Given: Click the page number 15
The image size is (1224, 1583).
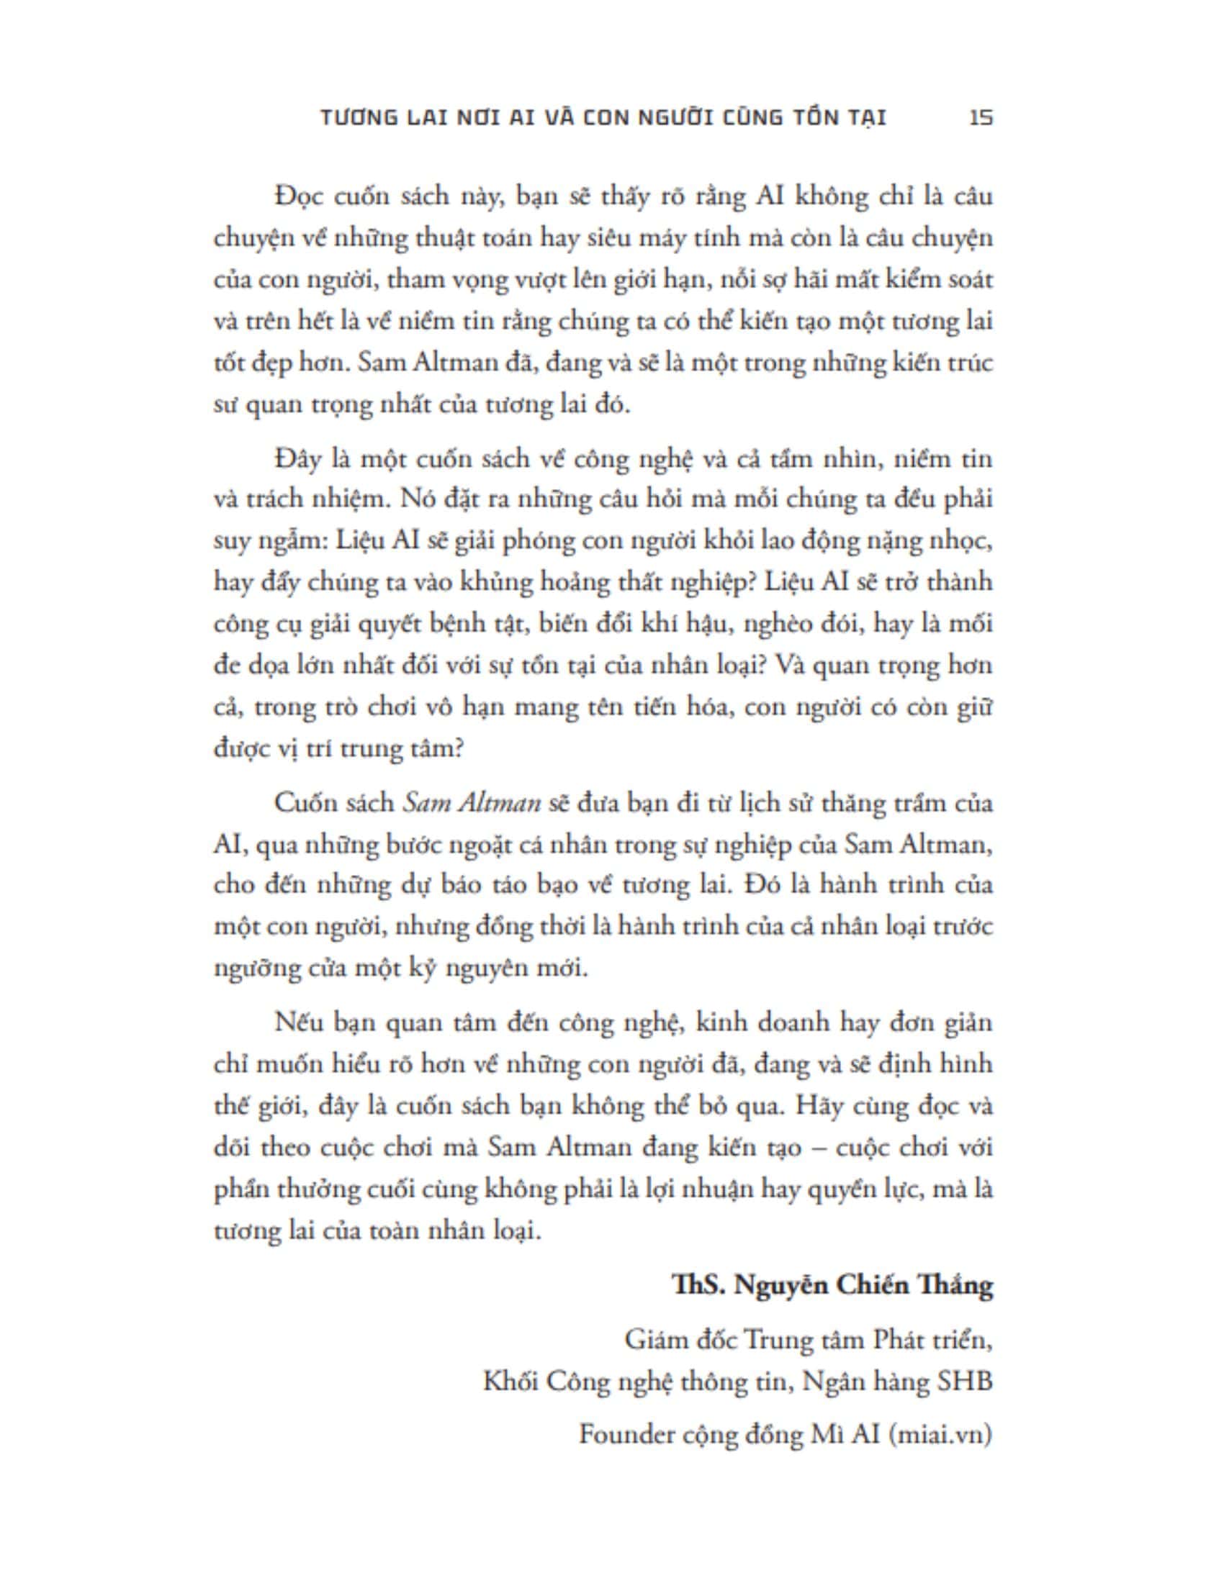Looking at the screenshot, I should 981,117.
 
